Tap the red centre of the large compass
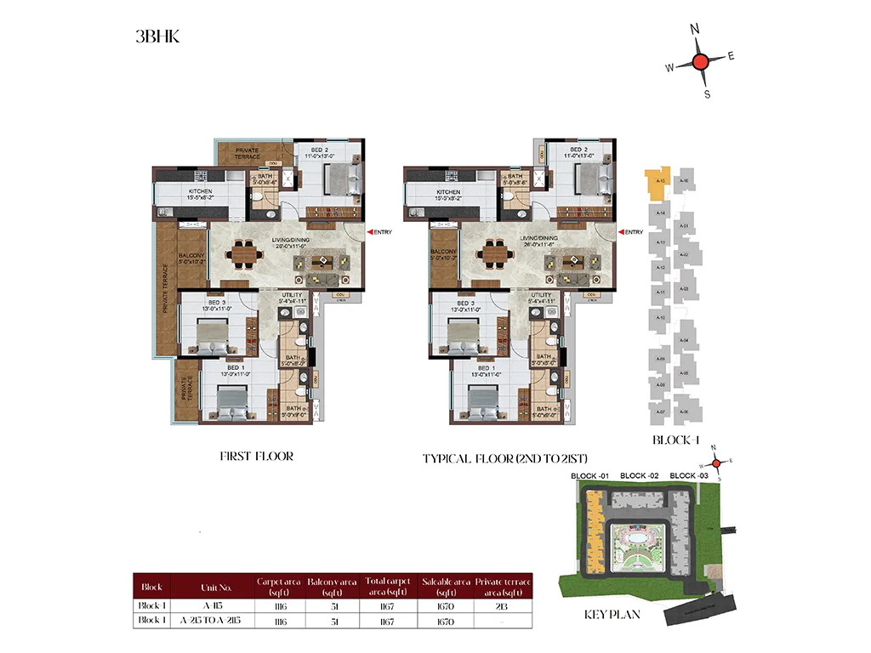699,61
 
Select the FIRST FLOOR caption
256,457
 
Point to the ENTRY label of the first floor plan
383,232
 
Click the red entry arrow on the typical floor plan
622,232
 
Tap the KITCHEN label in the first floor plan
201,192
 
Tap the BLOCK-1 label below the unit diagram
676,440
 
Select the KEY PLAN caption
612,614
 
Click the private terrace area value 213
504,605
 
